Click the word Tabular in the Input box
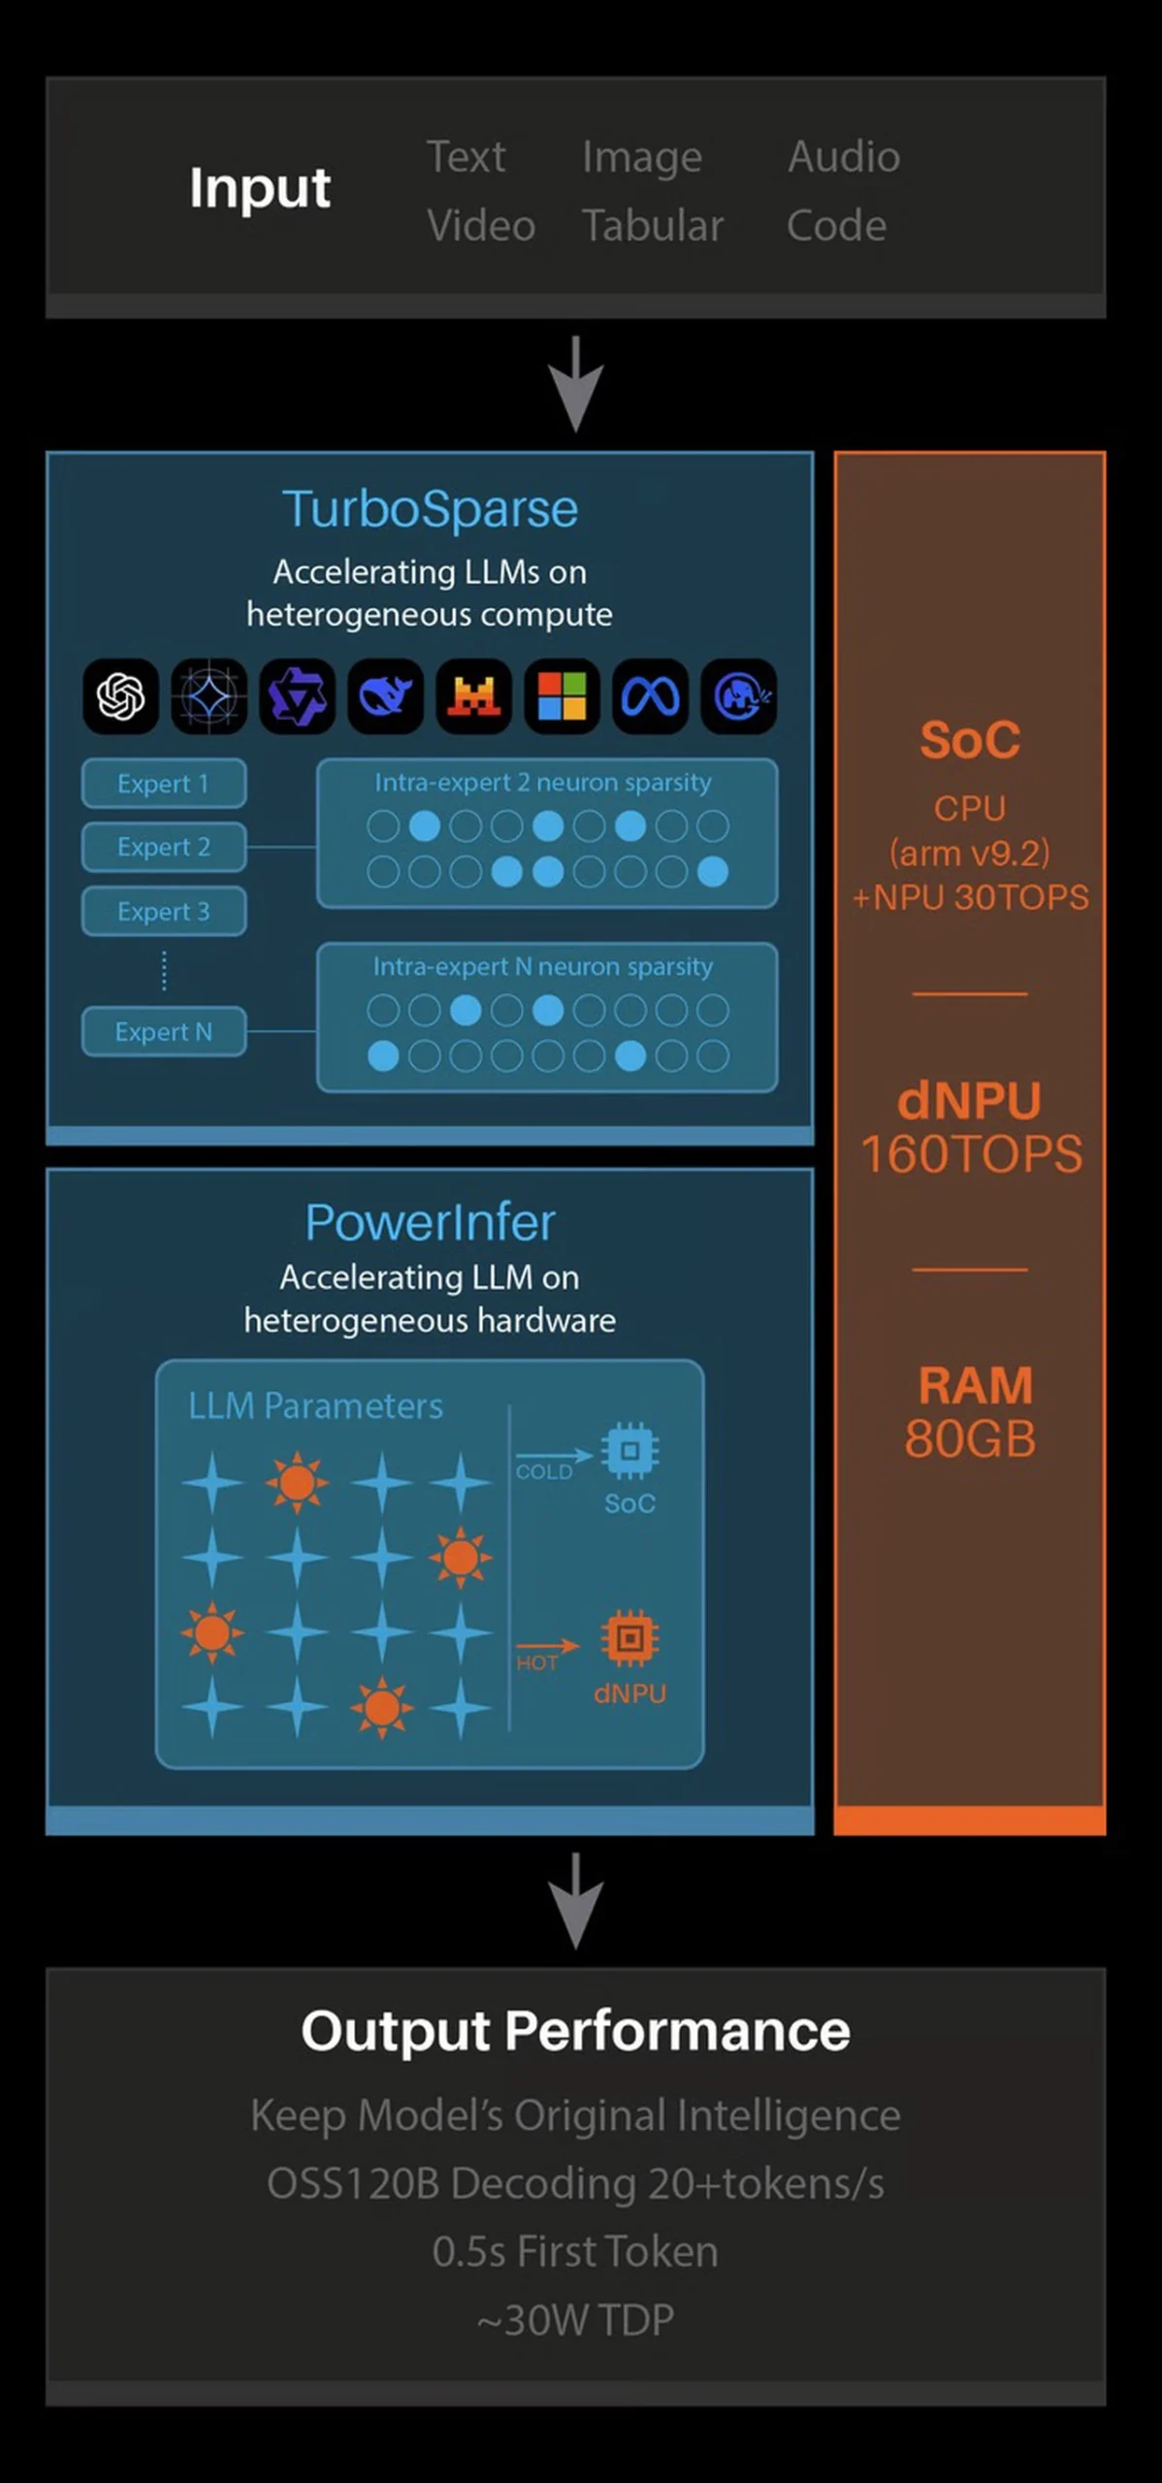[652, 226]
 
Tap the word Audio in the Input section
[843, 157]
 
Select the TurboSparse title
[430, 509]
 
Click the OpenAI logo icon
[121, 696]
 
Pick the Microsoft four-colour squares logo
[562, 696]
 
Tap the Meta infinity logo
[650, 696]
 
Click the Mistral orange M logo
[473, 696]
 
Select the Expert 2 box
[163, 847]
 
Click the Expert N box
[163, 1031]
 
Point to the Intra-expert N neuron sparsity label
[542, 967]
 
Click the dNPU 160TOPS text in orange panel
[970, 1127]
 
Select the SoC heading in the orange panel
[970, 741]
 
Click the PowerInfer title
[430, 1222]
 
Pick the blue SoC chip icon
[629, 1451]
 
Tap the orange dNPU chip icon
[629, 1639]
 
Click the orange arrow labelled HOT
[547, 1646]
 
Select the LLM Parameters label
[315, 1406]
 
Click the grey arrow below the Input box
[576, 384]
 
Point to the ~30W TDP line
[575, 2320]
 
